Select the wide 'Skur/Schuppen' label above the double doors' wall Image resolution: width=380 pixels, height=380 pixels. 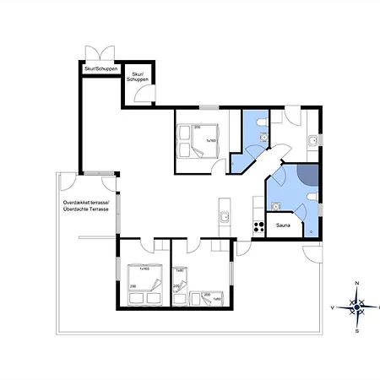(100, 68)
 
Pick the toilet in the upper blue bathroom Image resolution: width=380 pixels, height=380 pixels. (264, 128)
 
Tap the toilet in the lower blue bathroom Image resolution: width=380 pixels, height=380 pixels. (312, 196)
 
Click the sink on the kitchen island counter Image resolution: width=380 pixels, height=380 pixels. (224, 218)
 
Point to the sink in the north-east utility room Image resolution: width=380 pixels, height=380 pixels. (312, 138)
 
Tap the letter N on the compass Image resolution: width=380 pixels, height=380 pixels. (357, 284)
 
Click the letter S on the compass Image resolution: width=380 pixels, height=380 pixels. (357, 331)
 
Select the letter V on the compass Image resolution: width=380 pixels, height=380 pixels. (333, 307)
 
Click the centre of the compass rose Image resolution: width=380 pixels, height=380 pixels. (357, 307)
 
